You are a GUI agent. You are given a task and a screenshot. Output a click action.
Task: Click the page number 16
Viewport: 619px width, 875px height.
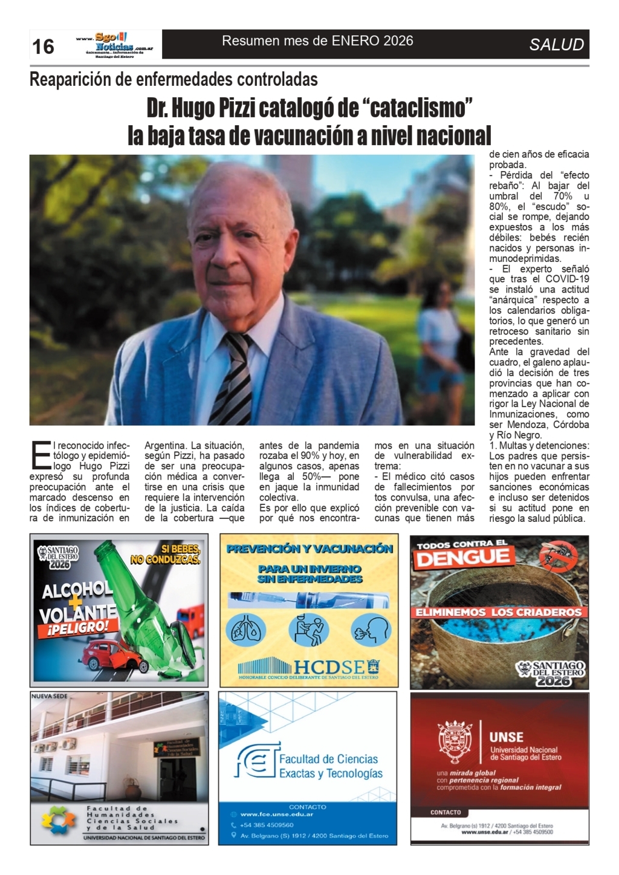(43, 47)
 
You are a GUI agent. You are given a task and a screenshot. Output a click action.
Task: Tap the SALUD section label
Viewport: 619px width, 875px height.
(556, 45)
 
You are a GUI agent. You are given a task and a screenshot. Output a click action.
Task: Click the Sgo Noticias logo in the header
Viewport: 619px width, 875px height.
(115, 44)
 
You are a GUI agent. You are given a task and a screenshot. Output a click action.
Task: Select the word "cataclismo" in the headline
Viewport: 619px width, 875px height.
(417, 108)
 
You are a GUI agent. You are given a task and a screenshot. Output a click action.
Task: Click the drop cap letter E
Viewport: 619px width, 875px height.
(41, 455)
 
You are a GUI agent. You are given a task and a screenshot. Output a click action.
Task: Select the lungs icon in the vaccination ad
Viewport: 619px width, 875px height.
(245, 629)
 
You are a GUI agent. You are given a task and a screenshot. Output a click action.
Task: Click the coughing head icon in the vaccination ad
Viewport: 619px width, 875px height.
(371, 629)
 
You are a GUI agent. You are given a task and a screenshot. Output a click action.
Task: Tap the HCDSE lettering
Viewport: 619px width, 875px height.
(329, 667)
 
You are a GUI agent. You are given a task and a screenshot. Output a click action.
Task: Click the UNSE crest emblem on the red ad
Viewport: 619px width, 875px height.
(455, 742)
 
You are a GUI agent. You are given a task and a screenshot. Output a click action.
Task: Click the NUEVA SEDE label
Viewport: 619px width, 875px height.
(50, 697)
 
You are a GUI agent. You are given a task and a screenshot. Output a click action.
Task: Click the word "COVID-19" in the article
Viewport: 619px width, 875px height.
(567, 279)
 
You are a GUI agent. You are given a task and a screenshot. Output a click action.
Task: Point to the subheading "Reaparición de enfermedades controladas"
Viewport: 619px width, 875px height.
(173, 79)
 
